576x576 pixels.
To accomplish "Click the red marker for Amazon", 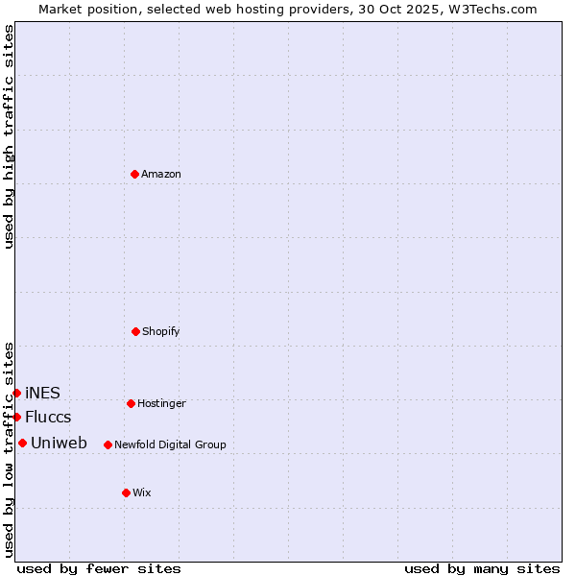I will coord(134,174).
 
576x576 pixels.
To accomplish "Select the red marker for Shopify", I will coord(135,331).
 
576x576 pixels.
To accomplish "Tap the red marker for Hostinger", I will coord(131,403).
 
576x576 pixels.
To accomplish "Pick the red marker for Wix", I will coord(126,492).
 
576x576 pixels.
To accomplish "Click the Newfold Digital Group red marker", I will coord(108,444).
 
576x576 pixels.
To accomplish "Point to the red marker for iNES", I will coord(16,393).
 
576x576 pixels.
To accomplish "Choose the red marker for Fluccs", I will coord(16,417).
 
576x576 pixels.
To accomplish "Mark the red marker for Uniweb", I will coord(22,443).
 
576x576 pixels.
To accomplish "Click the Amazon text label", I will coord(161,174).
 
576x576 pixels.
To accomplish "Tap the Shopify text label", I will coord(161,331).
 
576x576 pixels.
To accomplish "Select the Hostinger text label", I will coord(161,403).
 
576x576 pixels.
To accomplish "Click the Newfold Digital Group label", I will coord(170,444).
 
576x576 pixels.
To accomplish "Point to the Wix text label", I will coord(142,492).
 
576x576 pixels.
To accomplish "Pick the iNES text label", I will coord(42,393).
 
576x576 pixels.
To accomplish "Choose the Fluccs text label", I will coord(48,417).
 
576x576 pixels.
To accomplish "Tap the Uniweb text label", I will coord(59,443).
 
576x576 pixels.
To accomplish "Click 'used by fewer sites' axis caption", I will coord(99,568).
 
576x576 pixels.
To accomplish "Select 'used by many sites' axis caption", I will coord(482,568).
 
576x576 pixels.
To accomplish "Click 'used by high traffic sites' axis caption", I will coord(9,136).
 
